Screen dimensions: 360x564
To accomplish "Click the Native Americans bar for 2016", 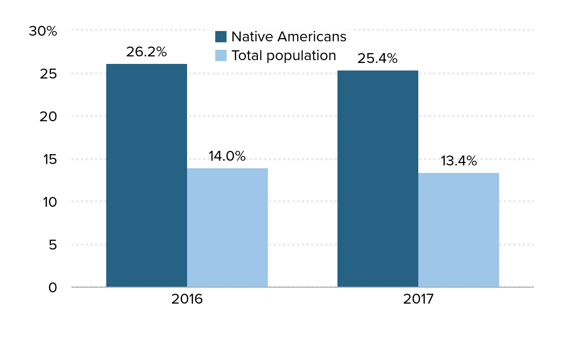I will (x=146, y=175).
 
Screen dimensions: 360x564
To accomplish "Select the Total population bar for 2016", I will (x=227, y=227).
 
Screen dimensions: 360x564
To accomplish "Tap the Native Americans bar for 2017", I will (x=377, y=179).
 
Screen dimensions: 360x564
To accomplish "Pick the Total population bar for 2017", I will (x=458, y=230).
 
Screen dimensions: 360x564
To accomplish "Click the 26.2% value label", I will (x=146, y=52).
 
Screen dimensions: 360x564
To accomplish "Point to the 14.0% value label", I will (x=227, y=157).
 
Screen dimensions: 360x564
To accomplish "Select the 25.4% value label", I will (x=377, y=59).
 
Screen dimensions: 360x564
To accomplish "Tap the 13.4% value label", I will (x=458, y=161).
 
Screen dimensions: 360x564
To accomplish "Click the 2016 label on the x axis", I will (x=187, y=299).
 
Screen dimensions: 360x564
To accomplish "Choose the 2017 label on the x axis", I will (x=418, y=299).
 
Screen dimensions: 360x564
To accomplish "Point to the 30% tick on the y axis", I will (x=43, y=31).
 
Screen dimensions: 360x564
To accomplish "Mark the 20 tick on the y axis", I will (x=48, y=117).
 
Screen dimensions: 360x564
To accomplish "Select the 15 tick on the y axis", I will (x=49, y=159).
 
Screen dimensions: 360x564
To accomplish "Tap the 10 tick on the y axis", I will (x=49, y=202).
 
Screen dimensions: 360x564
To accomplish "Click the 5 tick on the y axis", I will (x=52, y=245).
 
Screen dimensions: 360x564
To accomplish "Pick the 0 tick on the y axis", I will (x=52, y=287).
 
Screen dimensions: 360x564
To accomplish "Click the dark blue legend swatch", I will (x=221, y=37).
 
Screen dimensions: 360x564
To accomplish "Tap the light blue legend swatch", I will (x=221, y=55).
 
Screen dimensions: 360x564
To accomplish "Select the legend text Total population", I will (x=283, y=55).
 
